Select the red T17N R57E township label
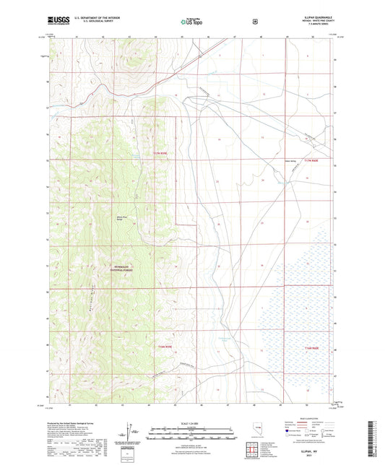pos(160,153)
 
